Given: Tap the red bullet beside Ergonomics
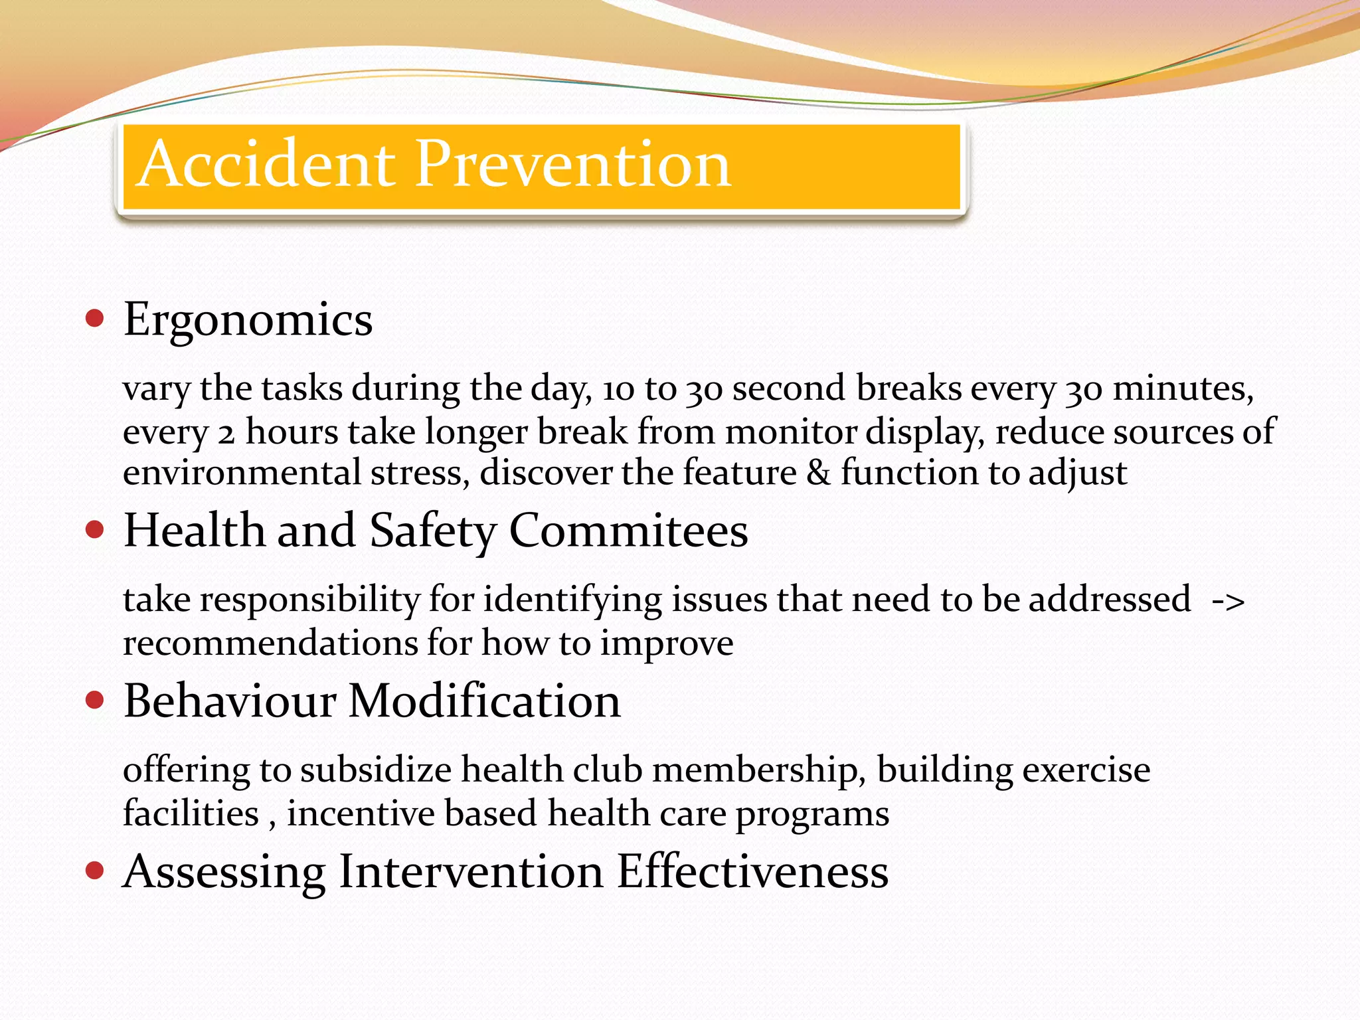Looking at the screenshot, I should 95,319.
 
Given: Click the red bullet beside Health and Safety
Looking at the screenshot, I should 95,530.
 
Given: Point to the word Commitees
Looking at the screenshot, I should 628,531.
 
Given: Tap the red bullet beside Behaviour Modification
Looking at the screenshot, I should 95,700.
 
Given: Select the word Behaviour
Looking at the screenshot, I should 230,701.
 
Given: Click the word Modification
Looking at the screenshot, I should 484,701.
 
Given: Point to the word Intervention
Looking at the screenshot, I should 470,871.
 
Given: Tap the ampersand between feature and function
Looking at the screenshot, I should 818,473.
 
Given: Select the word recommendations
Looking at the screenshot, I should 270,643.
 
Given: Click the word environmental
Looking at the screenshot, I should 242,473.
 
